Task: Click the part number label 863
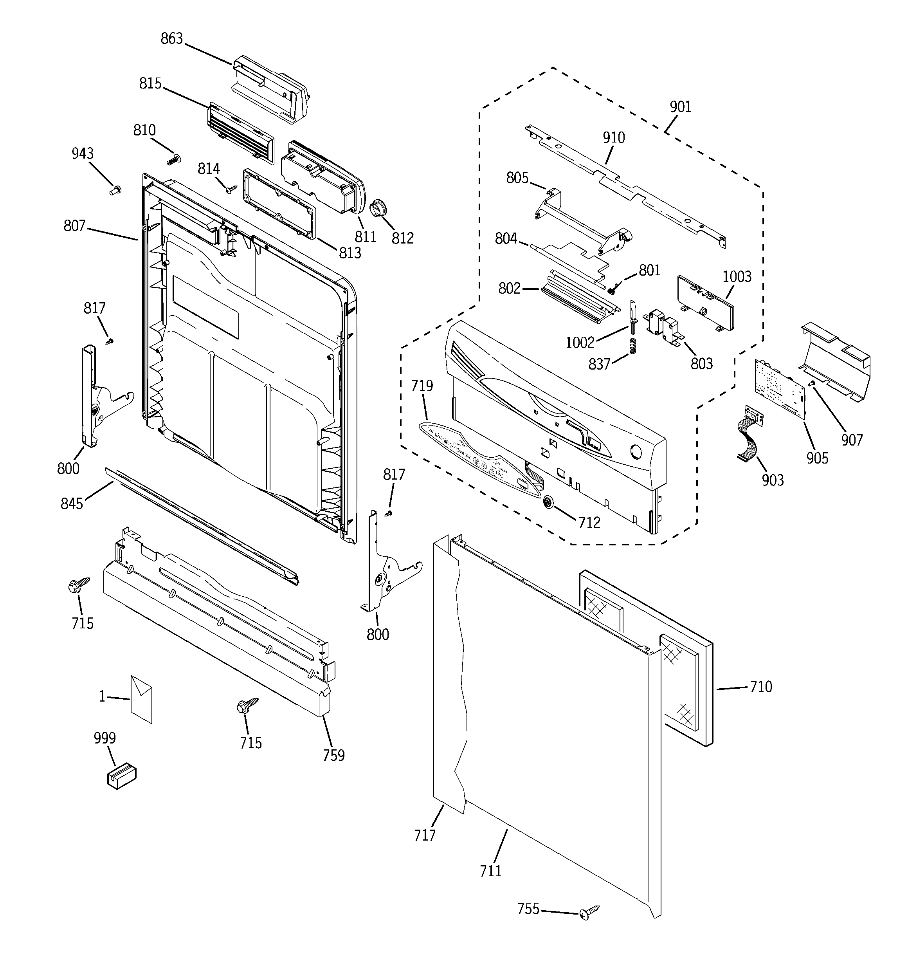pyautogui.click(x=171, y=38)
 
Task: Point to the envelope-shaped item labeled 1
pyautogui.click(x=141, y=699)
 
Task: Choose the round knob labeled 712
pyautogui.click(x=549, y=502)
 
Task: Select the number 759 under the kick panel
pyautogui.click(x=333, y=756)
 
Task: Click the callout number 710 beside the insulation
pyautogui.click(x=760, y=687)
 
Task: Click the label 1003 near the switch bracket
pyautogui.click(x=737, y=276)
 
